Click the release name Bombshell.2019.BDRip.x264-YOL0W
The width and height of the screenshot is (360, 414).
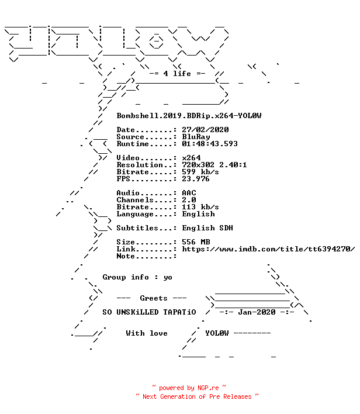pyautogui.click(x=189, y=116)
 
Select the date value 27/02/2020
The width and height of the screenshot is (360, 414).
pyautogui.click(x=205, y=130)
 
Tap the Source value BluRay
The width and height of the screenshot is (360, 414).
pyautogui.click(x=196, y=137)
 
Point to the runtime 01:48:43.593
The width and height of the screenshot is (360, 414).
pyautogui.click(x=210, y=144)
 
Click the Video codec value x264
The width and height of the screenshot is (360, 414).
pyautogui.click(x=191, y=158)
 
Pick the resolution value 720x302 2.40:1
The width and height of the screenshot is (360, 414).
pyautogui.click(x=214, y=165)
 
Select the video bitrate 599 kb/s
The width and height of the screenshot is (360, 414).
pyautogui.click(x=200, y=172)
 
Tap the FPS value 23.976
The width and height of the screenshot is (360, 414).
pyautogui.click(x=196, y=179)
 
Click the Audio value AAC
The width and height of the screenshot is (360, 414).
pyautogui.click(x=189, y=193)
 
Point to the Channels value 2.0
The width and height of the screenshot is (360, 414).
pyautogui.click(x=189, y=200)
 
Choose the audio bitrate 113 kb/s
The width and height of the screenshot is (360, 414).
pyautogui.click(x=200, y=207)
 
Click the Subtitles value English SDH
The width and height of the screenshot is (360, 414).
pyautogui.click(x=207, y=228)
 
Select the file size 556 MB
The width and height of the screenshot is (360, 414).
pyautogui.click(x=196, y=242)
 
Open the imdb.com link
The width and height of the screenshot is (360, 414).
pyautogui.click(x=268, y=249)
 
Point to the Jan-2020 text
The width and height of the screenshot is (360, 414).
pyautogui.click(x=257, y=312)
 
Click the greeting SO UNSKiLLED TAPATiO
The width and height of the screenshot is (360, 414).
pyautogui.click(x=150, y=312)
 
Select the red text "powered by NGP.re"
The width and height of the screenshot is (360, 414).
pyautogui.click(x=189, y=388)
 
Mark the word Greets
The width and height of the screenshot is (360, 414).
pyautogui.click(x=154, y=298)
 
